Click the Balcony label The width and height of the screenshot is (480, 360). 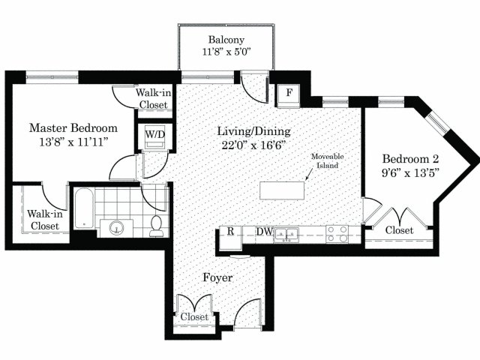(x=226, y=40)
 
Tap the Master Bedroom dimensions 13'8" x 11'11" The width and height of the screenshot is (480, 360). (x=73, y=142)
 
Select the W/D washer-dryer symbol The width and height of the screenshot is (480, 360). (x=155, y=136)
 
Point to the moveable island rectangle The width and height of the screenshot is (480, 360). (x=282, y=190)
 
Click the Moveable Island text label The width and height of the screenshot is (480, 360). (x=327, y=161)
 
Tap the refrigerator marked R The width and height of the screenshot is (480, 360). (x=230, y=237)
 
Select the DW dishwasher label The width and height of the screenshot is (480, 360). (x=264, y=232)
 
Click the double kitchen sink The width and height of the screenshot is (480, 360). (x=286, y=235)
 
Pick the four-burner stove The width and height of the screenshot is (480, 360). (x=337, y=234)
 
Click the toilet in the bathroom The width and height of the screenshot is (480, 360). (x=157, y=226)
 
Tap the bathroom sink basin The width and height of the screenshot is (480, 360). (x=116, y=228)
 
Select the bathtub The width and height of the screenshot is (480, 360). (x=84, y=208)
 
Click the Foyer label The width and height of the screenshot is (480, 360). (x=217, y=277)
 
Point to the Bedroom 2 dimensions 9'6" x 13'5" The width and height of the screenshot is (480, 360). (x=410, y=173)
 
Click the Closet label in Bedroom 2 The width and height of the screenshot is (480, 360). (x=399, y=230)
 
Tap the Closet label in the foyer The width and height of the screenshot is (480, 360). (x=194, y=316)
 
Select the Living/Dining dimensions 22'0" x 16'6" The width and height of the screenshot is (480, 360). (x=253, y=145)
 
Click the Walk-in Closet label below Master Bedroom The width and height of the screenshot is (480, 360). (x=45, y=220)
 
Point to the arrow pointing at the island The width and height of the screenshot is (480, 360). (x=309, y=174)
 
